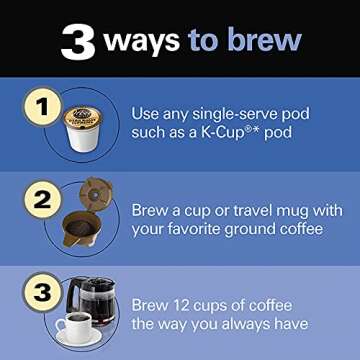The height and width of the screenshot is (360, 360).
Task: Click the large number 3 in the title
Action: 77,41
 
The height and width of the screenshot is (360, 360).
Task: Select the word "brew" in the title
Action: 264,41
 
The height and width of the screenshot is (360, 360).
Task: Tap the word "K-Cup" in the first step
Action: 222,135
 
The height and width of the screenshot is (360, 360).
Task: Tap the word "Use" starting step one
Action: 146,113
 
